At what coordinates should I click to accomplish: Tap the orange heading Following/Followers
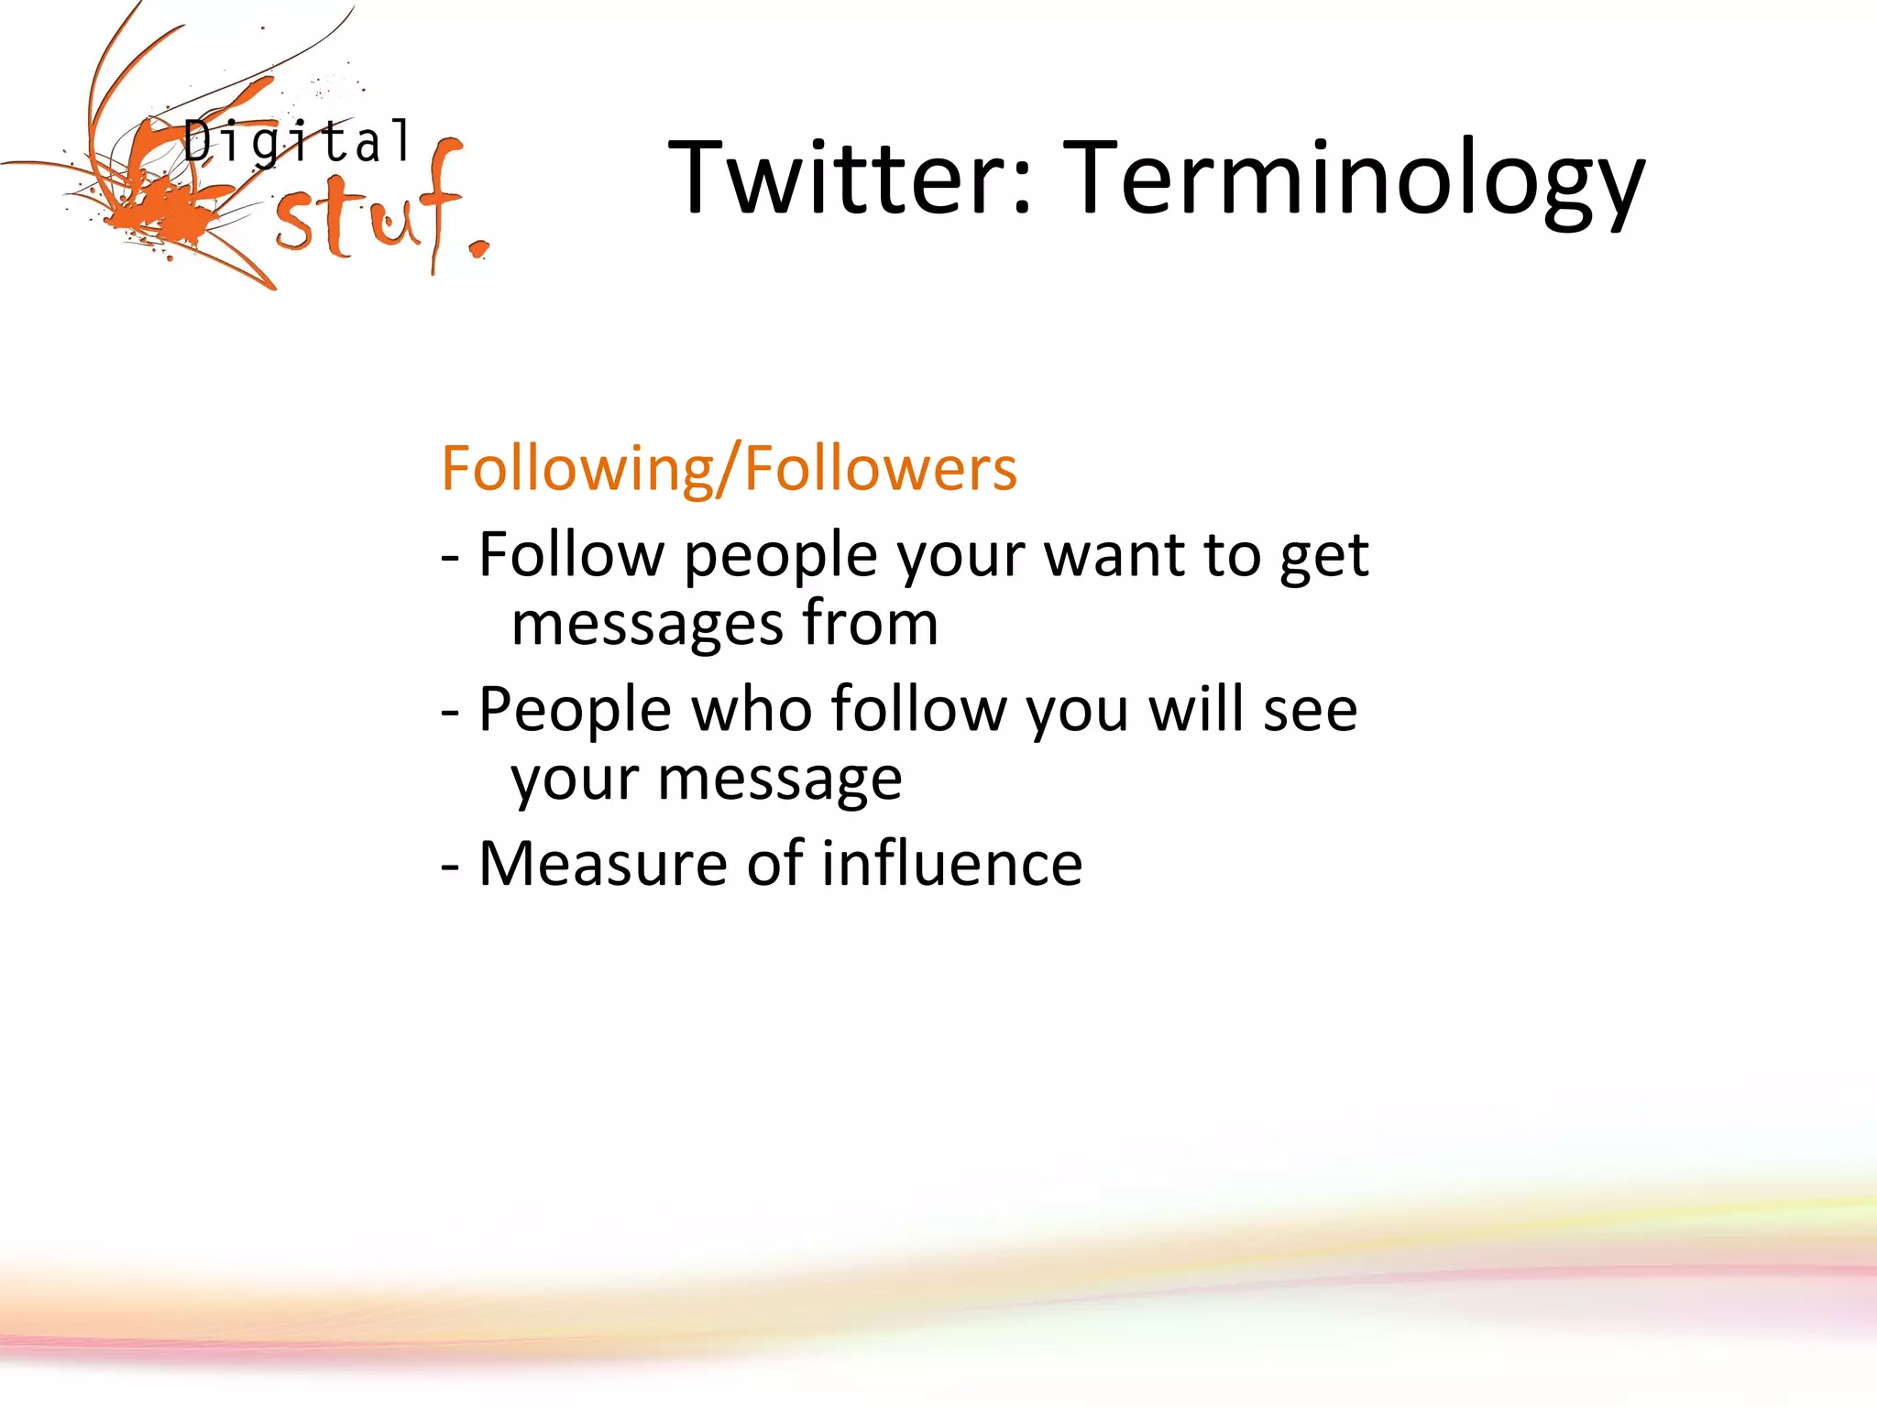[x=729, y=468]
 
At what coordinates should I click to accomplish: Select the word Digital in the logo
[x=297, y=143]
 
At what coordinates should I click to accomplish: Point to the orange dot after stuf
[x=478, y=248]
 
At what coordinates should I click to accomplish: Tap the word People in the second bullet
[x=575, y=711]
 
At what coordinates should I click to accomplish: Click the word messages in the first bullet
[x=647, y=625]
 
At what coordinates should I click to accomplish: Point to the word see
[x=1310, y=711]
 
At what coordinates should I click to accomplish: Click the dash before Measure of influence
[x=449, y=865]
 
